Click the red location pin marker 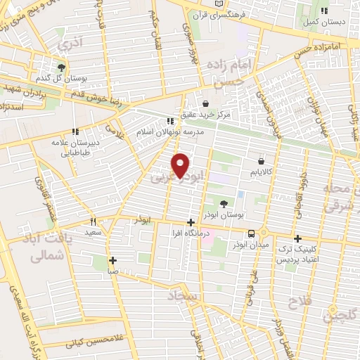point(181,165)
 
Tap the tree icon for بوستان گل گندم point(63,67)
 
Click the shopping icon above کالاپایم point(261,161)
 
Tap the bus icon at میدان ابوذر point(251,233)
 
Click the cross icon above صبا point(113,259)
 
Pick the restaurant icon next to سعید point(94,221)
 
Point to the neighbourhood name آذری point(72,43)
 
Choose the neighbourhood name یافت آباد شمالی point(49,246)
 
